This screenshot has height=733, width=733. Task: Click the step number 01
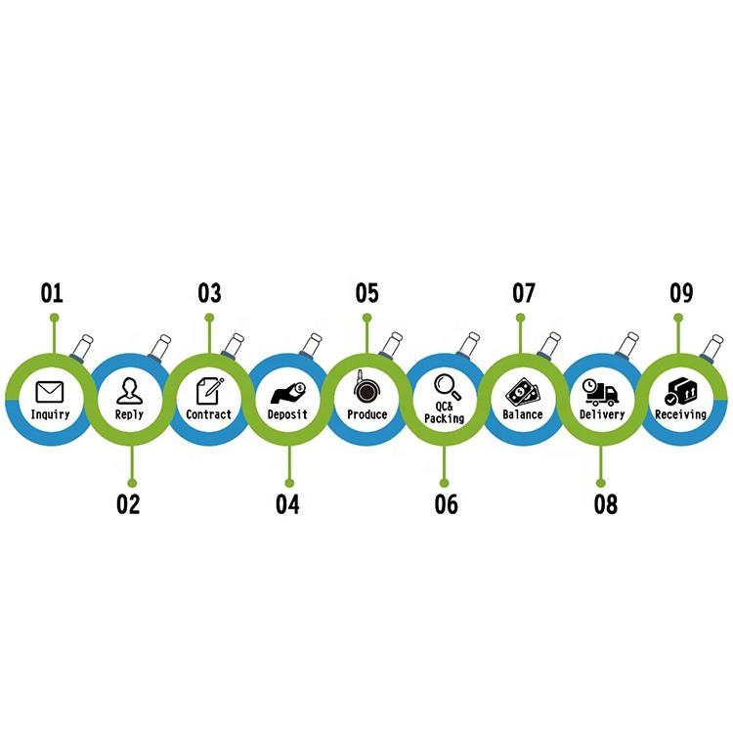[x=51, y=292]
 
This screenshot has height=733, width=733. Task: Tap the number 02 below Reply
[x=128, y=504]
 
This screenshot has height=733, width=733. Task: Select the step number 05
[x=366, y=292]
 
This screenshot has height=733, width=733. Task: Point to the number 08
[x=605, y=504]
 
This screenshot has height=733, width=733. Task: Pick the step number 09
[x=681, y=292]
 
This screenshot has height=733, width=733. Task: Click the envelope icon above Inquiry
[x=49, y=392]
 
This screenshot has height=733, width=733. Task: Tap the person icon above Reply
[x=129, y=391]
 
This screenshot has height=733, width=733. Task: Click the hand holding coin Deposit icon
[x=287, y=393]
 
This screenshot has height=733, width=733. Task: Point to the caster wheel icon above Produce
[x=366, y=389]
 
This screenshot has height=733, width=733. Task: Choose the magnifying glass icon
[x=446, y=385]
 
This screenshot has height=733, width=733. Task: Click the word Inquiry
[x=50, y=414]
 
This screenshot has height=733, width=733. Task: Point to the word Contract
[x=209, y=414]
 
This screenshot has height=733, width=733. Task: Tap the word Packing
[x=445, y=418]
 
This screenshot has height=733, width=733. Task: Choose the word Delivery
[x=602, y=414]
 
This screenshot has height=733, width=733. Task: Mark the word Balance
[x=523, y=414]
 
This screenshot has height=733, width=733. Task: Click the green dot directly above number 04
[x=287, y=481]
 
